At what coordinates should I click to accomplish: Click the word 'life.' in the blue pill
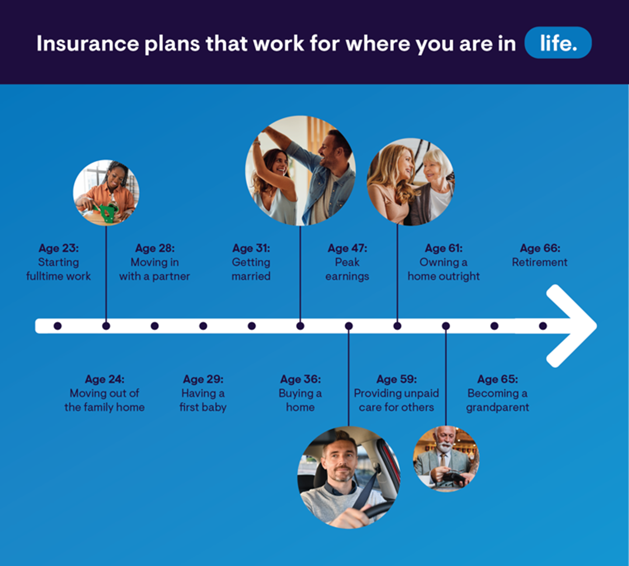(558, 43)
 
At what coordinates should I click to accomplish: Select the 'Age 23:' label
(58, 248)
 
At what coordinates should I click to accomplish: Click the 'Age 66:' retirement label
(540, 248)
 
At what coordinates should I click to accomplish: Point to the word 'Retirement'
(540, 262)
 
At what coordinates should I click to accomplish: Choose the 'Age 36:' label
(300, 379)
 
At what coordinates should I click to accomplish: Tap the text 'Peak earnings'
(347, 269)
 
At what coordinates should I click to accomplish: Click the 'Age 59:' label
(396, 379)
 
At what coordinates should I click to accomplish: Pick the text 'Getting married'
(251, 269)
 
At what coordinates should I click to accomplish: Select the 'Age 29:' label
(203, 379)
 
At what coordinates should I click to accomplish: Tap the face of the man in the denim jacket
(331, 151)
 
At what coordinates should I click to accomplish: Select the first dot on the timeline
(58, 326)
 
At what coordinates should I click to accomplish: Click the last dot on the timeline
(543, 326)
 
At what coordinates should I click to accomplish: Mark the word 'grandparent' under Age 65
(497, 407)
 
